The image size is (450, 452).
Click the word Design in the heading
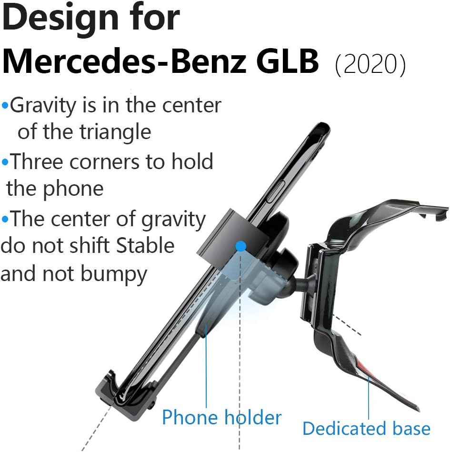[x=61, y=19]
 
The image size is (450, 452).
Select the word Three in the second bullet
[x=37, y=162]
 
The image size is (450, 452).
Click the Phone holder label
[x=221, y=418]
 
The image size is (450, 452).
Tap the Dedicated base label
[x=366, y=428]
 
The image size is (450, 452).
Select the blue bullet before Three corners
[x=5, y=162]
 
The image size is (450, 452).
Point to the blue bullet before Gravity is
[x=5, y=106]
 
